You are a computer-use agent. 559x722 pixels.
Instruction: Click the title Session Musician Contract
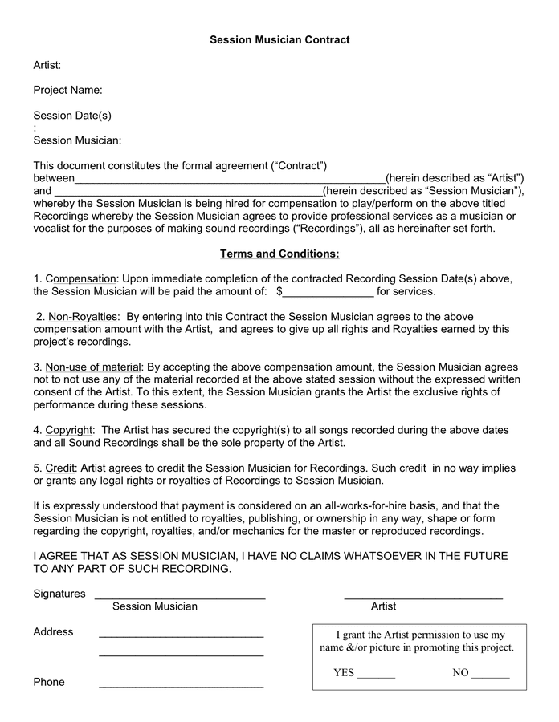tap(279, 39)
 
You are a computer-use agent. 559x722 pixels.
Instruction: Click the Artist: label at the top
tap(47, 65)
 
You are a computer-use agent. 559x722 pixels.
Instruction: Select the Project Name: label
tap(67, 90)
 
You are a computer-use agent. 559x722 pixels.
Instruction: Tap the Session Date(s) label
tap(72, 116)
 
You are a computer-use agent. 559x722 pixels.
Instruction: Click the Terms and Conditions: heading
tap(279, 254)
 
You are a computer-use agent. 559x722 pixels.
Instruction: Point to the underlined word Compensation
tap(82, 278)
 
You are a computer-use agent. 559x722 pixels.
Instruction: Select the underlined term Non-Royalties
tap(83, 316)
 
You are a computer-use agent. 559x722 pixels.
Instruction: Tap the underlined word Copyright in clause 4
tap(69, 430)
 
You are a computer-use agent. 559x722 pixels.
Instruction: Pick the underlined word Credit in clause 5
tap(60, 468)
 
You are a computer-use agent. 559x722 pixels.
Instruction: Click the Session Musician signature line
tap(180, 596)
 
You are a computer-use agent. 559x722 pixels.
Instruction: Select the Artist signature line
tap(423, 596)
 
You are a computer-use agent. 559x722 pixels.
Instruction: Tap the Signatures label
tap(59, 594)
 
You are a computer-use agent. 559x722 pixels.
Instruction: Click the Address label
tap(53, 632)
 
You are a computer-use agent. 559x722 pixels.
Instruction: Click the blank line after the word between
tap(230, 179)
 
